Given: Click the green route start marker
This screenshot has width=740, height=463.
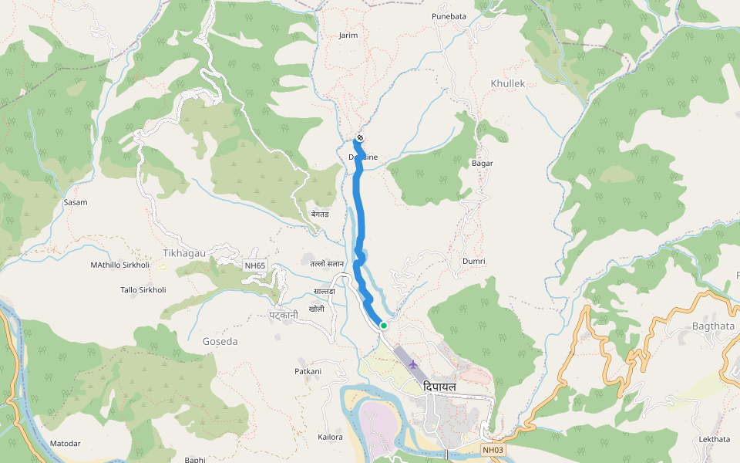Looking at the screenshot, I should tap(383, 326).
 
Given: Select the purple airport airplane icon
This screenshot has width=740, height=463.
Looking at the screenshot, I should tap(414, 363).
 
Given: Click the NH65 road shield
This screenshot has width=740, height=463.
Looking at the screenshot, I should tap(255, 266).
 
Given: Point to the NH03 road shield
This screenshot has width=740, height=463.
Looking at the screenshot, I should tap(493, 449).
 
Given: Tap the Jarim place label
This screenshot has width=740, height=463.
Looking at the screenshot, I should tap(348, 35).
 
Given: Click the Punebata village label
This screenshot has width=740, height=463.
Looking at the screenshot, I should tap(449, 15).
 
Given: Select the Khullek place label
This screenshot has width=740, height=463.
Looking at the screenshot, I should tap(507, 83).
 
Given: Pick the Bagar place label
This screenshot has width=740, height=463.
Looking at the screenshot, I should tap(482, 164).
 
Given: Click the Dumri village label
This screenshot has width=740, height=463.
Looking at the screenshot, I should tap(473, 262).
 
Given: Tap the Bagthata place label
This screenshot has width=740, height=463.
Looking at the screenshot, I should tap(712, 326).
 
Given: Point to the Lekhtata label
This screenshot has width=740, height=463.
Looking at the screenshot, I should tap(714, 439).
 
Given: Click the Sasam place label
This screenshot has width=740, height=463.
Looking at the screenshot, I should tap(76, 202).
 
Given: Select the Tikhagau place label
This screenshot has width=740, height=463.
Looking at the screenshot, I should tap(184, 253).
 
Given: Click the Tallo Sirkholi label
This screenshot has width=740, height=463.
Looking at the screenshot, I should tap(143, 290).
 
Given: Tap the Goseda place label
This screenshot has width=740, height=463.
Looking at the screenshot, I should tap(220, 341).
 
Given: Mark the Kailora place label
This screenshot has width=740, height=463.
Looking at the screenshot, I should tap(330, 438).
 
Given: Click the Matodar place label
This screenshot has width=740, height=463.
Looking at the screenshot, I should tap(66, 444).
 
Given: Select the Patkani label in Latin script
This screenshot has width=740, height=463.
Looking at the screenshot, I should tap(308, 372).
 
